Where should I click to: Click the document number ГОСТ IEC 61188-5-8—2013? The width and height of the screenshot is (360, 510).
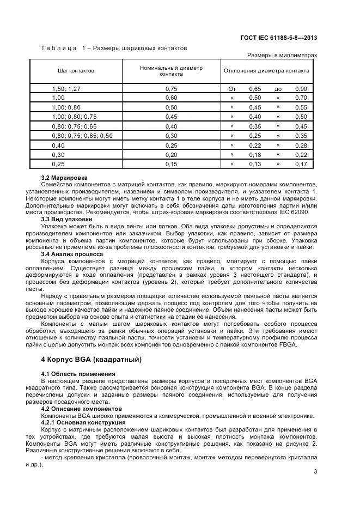click(x=278, y=38)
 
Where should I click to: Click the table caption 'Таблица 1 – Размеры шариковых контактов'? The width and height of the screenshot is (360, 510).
click(x=114, y=48)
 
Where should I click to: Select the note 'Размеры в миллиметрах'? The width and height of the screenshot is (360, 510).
click(x=282, y=55)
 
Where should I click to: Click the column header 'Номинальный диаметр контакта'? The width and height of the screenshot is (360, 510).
click(x=171, y=71)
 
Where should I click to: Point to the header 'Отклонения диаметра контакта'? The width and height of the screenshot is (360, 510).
click(x=266, y=71)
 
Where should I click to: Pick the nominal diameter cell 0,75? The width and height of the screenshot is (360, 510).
click(x=171, y=88)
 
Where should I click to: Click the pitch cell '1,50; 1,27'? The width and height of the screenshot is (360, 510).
click(x=66, y=88)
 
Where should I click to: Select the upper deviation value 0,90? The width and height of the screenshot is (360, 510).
click(x=301, y=88)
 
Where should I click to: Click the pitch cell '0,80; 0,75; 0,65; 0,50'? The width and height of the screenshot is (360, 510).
click(x=82, y=135)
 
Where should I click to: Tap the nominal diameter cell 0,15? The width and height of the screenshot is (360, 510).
click(x=171, y=163)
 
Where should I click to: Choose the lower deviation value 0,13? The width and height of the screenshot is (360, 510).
click(x=255, y=163)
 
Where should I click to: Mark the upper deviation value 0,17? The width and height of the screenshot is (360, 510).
click(x=301, y=163)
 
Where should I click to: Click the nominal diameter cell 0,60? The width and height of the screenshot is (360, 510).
click(x=171, y=98)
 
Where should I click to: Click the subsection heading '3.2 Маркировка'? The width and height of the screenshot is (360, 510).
click(x=64, y=178)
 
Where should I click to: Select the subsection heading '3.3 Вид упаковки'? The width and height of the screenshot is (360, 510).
click(x=66, y=218)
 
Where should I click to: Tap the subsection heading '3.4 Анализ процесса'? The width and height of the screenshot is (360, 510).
click(x=70, y=253)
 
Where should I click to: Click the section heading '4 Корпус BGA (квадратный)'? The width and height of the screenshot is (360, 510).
click(x=91, y=360)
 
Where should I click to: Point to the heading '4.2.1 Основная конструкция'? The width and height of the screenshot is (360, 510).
click(x=78, y=422)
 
